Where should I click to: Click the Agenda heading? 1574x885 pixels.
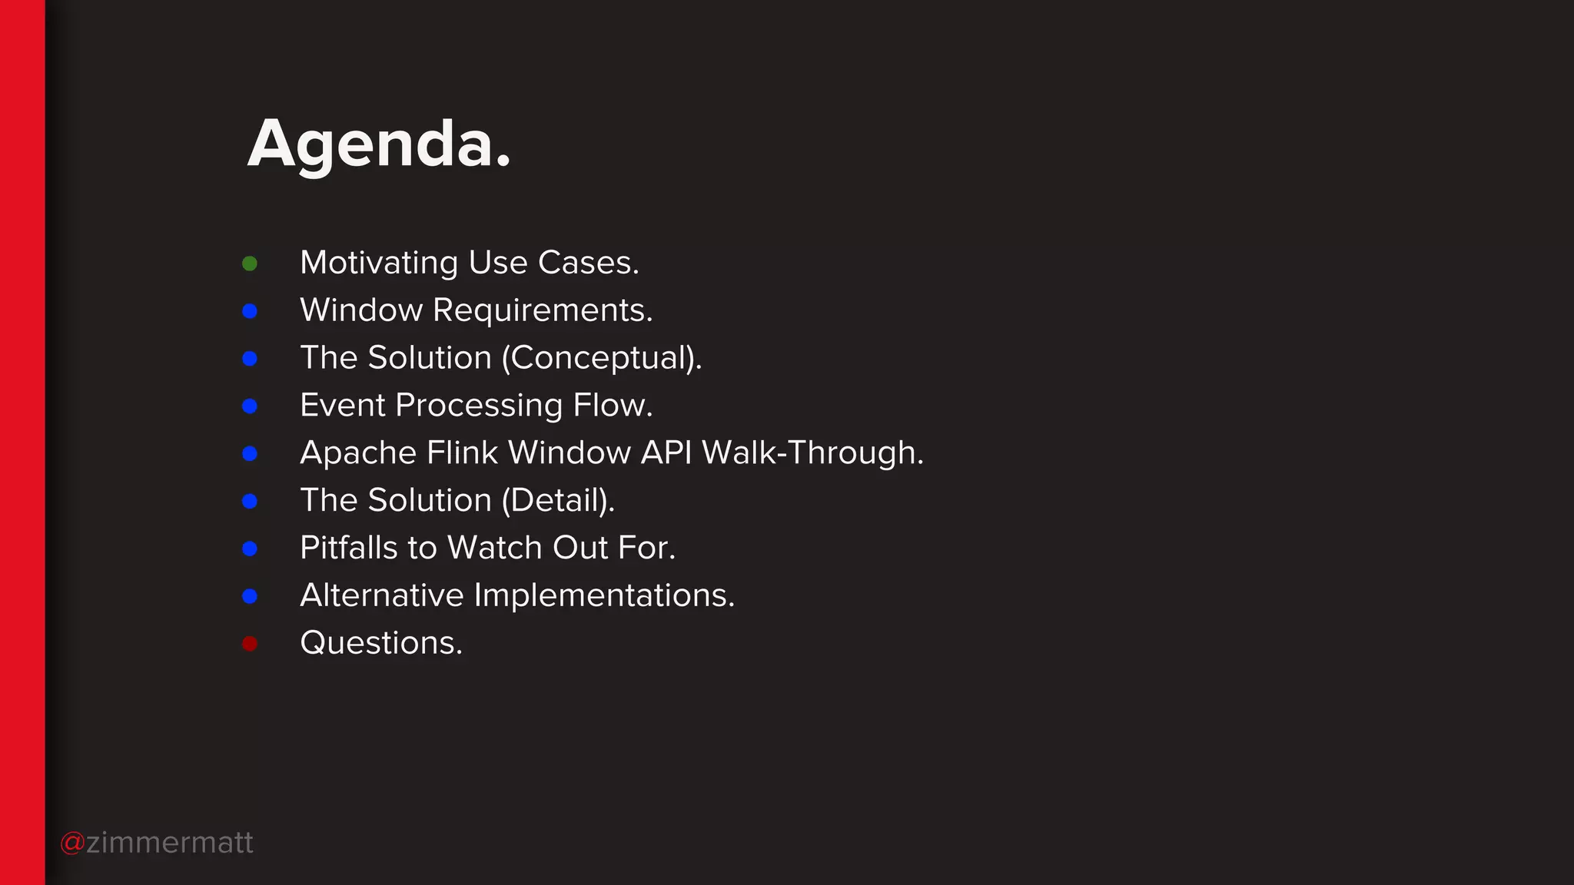(x=379, y=144)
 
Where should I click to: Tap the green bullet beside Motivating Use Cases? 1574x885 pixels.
(x=250, y=264)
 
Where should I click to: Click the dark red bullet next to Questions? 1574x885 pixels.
(x=250, y=643)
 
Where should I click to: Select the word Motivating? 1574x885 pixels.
(x=379, y=264)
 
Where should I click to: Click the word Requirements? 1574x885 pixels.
(x=542, y=311)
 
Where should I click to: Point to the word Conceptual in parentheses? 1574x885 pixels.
(x=602, y=359)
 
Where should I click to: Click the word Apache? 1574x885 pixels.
(x=358, y=453)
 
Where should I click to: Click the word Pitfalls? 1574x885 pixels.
(x=349, y=548)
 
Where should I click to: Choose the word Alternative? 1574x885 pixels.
(x=382, y=595)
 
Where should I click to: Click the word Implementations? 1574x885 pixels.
(x=604, y=595)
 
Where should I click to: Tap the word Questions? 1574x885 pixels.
(x=381, y=643)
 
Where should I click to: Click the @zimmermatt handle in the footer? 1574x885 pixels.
(x=157, y=843)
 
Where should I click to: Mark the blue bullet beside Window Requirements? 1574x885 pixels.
(x=250, y=311)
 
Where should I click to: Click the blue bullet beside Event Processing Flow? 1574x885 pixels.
(x=250, y=406)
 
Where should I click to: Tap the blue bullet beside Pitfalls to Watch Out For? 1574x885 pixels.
(x=250, y=549)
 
